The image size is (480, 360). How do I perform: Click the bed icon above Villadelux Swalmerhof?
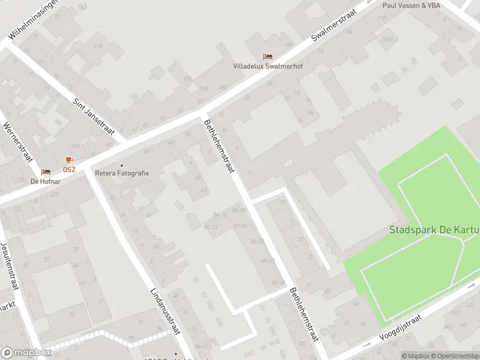point(268,57)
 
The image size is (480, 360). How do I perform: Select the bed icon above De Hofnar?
point(46,172)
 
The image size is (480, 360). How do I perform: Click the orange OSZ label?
point(69,169)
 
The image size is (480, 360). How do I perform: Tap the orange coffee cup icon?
point(69,160)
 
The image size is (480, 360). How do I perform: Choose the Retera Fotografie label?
point(122,173)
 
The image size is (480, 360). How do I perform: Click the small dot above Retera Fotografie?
point(122,165)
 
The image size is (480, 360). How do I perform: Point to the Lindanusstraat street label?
point(166,313)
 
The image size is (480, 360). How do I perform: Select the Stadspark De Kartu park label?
point(434,230)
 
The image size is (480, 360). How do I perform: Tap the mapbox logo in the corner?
point(26,353)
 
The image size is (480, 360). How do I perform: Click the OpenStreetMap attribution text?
point(455,356)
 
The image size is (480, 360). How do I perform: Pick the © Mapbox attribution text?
point(415,356)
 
